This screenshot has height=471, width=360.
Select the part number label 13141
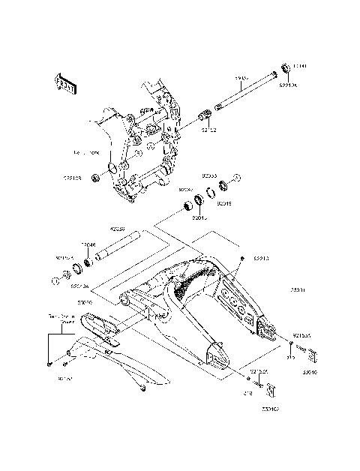(298, 65)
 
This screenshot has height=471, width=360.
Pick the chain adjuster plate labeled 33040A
(272, 391)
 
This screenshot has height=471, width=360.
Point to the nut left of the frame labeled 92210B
(97, 179)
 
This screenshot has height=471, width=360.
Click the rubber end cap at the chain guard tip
(142, 388)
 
